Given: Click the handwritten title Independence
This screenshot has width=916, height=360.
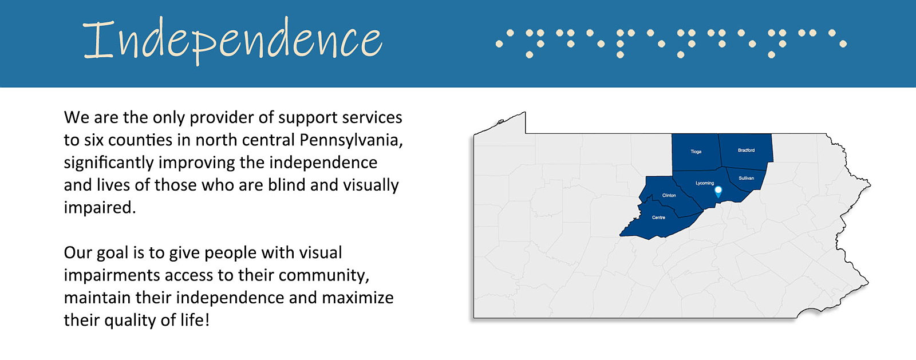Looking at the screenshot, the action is pyautogui.click(x=232, y=41).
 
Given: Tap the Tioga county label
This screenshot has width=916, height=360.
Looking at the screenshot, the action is pyautogui.click(x=696, y=152).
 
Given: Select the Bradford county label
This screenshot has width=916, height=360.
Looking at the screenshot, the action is pyautogui.click(x=747, y=151).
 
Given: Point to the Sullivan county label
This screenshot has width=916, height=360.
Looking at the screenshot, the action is pyautogui.click(x=747, y=178).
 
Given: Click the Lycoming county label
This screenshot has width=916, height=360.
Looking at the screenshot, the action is pyautogui.click(x=705, y=183).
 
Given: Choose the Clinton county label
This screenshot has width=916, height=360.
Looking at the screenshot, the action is pyautogui.click(x=669, y=195).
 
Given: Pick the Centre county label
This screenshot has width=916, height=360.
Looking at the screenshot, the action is pyautogui.click(x=658, y=217).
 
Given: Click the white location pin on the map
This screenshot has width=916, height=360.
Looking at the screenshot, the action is pyautogui.click(x=718, y=192).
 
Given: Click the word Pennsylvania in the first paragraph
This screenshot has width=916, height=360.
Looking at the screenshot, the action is pyautogui.click(x=352, y=141).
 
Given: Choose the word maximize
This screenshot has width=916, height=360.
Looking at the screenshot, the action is pyautogui.click(x=358, y=298).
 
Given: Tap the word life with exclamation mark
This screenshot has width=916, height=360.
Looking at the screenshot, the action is pyautogui.click(x=195, y=319).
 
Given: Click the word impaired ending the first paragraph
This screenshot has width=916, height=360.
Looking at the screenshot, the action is pyautogui.click(x=100, y=208).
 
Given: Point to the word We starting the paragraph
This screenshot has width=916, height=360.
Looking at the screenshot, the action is pyautogui.click(x=77, y=118).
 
